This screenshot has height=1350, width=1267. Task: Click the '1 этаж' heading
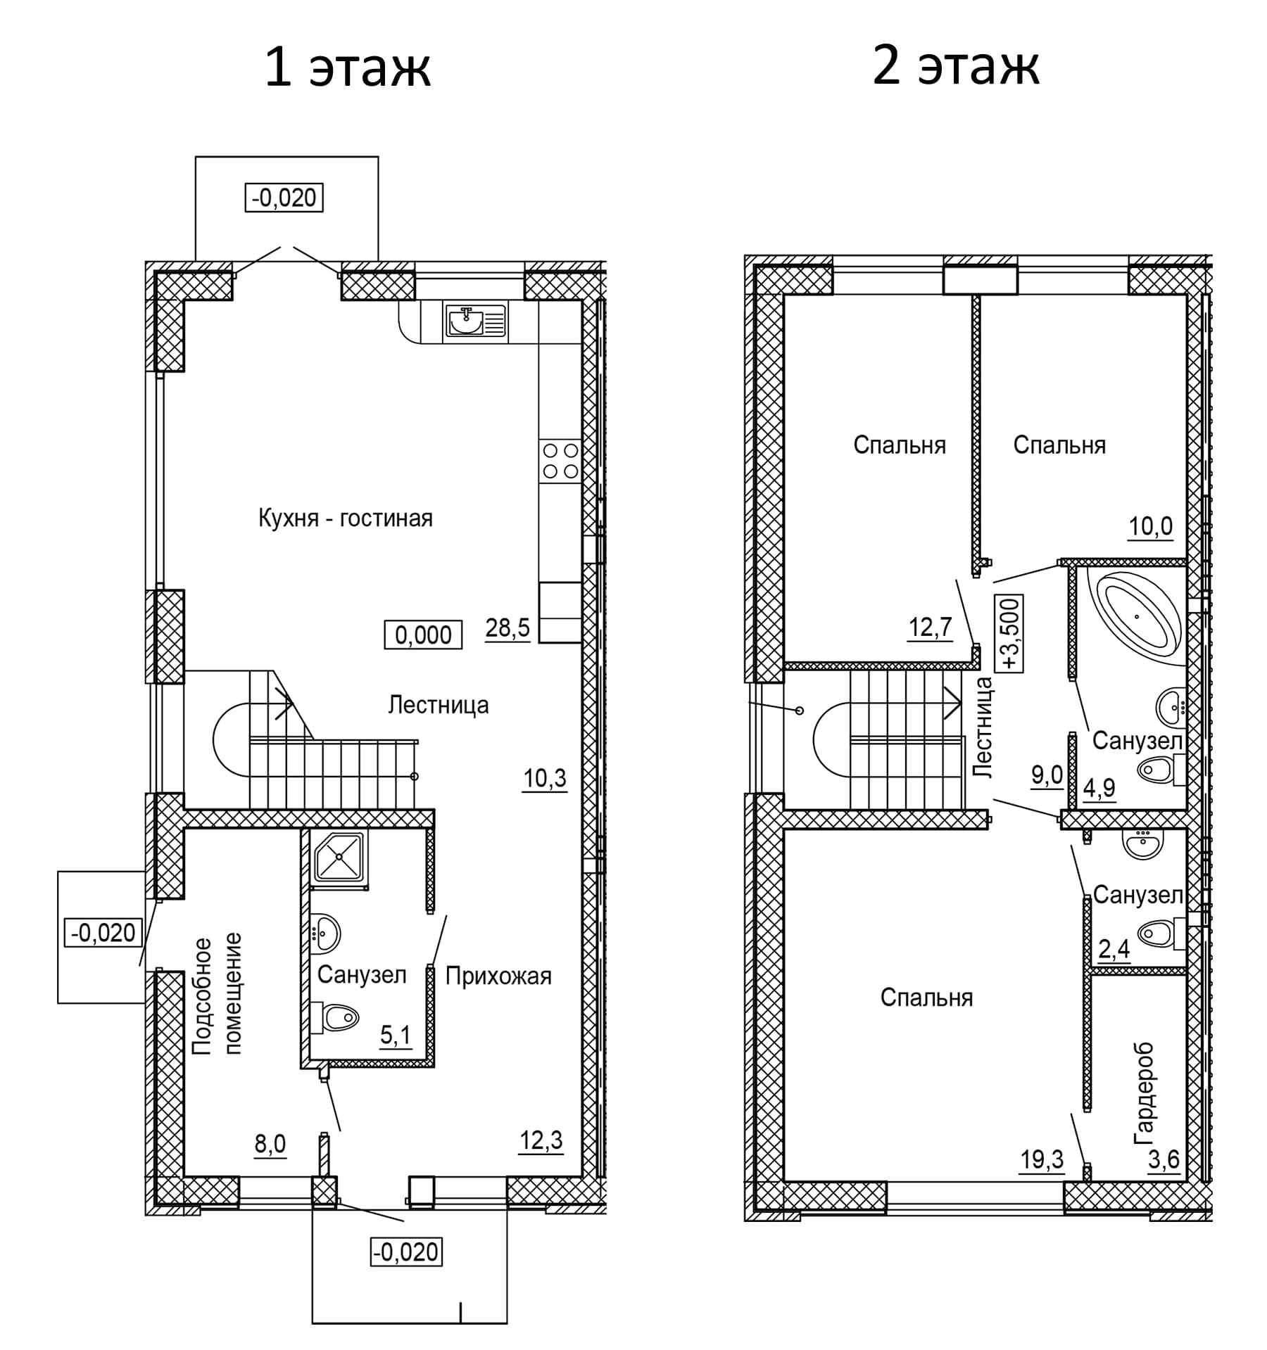coord(347,68)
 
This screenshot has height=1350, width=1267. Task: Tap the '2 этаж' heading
coord(956,68)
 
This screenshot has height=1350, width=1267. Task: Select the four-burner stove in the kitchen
coord(560,461)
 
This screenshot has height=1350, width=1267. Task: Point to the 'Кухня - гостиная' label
coord(346,518)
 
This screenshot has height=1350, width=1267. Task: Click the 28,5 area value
coord(508,627)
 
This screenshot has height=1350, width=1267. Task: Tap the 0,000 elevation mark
coord(423,635)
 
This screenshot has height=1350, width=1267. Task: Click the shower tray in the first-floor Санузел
coord(339,856)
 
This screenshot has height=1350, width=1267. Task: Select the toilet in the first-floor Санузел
coord(335,1017)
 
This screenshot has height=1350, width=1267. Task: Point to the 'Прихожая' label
coord(498,976)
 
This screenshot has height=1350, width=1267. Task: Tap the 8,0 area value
coord(270,1145)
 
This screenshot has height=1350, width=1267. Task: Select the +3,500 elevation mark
coord(1010,634)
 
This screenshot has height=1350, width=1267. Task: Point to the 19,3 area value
coord(1042,1159)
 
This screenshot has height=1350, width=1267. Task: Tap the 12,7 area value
coord(930,626)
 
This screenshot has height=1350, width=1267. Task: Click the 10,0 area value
coord(1151,526)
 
